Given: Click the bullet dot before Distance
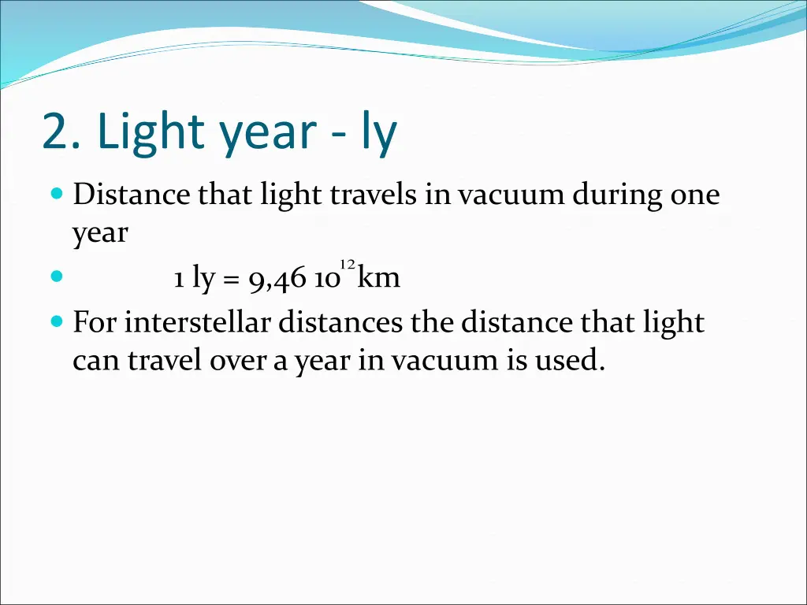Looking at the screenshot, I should pyautogui.click(x=56, y=193).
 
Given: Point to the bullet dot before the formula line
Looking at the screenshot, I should pyautogui.click(x=56, y=277).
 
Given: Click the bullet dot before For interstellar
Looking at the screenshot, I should pyautogui.click(x=56, y=321).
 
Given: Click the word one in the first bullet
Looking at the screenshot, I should pyautogui.click(x=694, y=195).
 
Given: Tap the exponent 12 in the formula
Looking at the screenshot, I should pyautogui.click(x=347, y=263).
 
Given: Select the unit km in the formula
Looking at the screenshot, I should pyautogui.click(x=379, y=277).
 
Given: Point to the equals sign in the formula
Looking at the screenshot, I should pyautogui.click(x=232, y=279).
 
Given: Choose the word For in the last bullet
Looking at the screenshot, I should pyautogui.click(x=95, y=322).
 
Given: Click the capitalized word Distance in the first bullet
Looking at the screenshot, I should pyautogui.click(x=132, y=195).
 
